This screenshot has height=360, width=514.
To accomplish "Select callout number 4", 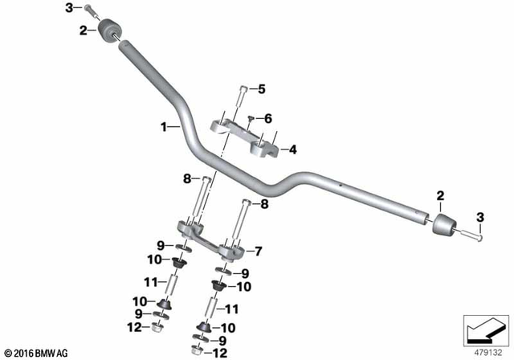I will pyautogui.click(x=293, y=149).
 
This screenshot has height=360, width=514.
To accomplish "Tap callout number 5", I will pyautogui.click(x=260, y=88).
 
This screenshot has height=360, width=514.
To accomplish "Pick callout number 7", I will pyautogui.click(x=259, y=250).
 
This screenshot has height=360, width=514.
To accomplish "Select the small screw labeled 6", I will pyautogui.click(x=251, y=120).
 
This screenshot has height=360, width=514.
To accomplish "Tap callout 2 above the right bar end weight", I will pyautogui.click(x=439, y=196).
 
